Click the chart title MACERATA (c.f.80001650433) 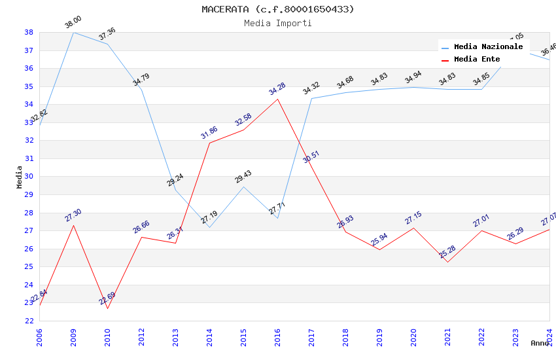(278, 9)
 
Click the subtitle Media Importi (278, 23)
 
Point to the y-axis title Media (20, 177)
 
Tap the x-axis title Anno (540, 343)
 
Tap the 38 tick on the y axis (29, 32)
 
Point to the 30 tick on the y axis (29, 177)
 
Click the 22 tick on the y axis (29, 321)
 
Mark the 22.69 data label (107, 298)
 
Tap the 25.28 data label (447, 252)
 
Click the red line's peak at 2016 (277, 99)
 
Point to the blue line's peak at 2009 (73, 32)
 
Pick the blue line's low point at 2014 (209, 227)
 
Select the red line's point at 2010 (107, 308)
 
